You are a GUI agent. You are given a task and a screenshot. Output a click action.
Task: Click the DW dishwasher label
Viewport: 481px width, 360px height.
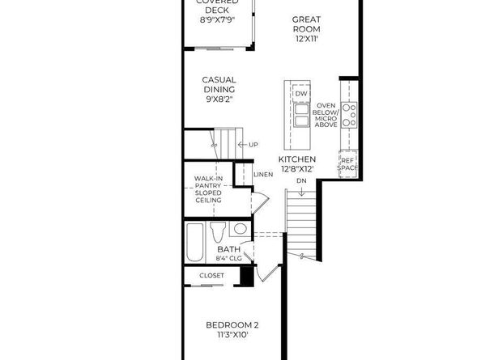click(x=300, y=95)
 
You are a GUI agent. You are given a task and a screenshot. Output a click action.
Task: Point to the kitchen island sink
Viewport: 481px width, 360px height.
click(x=300, y=121)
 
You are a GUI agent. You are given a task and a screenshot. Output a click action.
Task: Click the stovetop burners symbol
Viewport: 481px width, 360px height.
click(x=350, y=115)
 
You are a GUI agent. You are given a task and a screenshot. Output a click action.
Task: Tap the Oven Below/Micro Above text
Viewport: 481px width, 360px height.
click(x=326, y=115)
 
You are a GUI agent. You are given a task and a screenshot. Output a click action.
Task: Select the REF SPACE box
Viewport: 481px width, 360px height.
click(x=348, y=163)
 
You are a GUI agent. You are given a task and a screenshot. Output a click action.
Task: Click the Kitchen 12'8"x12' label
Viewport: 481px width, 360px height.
click(x=297, y=165)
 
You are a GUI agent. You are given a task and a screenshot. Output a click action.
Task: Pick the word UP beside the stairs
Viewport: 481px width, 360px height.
click(x=253, y=145)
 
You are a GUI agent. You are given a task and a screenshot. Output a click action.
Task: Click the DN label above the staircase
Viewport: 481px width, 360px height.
click(x=301, y=182)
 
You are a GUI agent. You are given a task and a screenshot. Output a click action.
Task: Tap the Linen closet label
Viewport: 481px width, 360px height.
click(x=262, y=174)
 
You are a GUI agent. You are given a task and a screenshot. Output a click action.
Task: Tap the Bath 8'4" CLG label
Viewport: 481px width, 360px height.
click(x=228, y=254)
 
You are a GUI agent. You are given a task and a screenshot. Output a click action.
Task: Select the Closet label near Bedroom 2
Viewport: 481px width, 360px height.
click(x=212, y=275)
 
